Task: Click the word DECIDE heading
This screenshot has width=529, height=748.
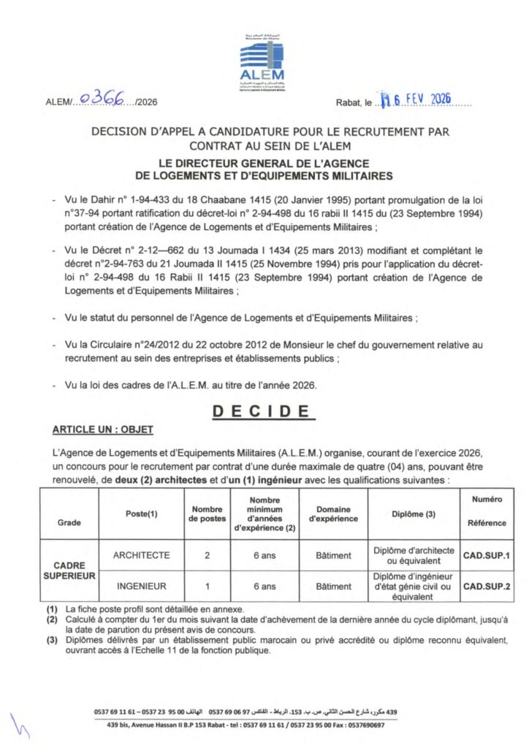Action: pos(264,413)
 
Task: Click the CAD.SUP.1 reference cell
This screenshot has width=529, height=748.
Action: pos(486,556)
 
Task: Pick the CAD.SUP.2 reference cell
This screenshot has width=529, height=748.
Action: pos(486,586)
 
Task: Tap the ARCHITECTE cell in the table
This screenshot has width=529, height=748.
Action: pos(141,555)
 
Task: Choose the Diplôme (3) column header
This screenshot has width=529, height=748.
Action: pos(414,514)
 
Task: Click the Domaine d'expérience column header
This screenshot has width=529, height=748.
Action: pos(333,514)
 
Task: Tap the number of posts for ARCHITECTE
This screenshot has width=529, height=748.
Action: pos(208,556)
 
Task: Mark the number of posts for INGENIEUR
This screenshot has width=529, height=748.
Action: pos(208,586)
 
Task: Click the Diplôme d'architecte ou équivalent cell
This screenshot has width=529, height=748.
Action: pos(414,555)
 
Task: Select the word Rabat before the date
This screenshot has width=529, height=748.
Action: pos(349,104)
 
